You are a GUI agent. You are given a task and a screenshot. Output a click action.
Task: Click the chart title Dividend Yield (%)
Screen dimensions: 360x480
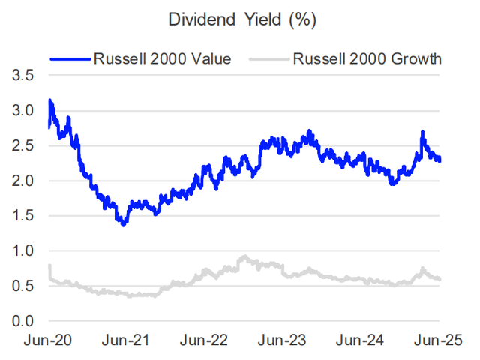point(241,20)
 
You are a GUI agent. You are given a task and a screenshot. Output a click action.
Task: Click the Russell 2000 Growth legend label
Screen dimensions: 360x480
point(367,58)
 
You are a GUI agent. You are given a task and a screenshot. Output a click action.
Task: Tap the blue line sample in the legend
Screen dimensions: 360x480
point(70,58)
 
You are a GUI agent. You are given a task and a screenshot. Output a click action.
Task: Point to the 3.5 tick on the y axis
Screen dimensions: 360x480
point(22,76)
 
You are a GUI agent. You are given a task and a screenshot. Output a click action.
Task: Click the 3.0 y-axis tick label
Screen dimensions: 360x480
point(22,111)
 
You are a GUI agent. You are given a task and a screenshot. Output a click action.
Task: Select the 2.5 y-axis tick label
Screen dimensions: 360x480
point(22,146)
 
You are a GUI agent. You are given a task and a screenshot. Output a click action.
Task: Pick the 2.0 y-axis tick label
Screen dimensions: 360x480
point(22,181)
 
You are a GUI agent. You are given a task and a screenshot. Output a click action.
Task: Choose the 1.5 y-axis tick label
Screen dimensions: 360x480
point(22,216)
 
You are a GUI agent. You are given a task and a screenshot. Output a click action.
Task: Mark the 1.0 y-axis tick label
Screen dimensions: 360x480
point(22,251)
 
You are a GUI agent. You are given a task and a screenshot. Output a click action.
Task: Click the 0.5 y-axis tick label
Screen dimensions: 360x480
point(22,286)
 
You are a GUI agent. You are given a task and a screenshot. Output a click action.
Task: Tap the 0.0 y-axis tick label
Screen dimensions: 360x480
point(22,321)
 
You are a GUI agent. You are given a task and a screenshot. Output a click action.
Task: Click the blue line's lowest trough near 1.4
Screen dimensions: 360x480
point(123,223)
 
